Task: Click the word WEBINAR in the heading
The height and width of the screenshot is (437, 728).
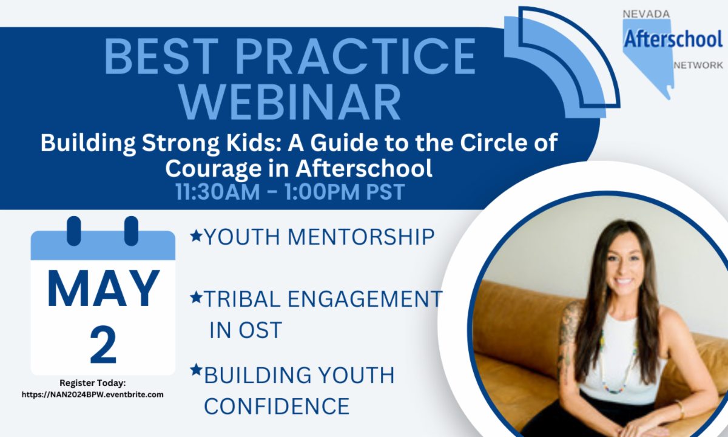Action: [290, 102]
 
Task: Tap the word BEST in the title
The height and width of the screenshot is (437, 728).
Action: [161, 56]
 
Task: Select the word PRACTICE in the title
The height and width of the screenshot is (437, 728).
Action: [356, 56]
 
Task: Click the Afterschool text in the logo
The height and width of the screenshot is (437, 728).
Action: [673, 39]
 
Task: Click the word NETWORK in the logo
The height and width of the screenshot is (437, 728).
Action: [698, 66]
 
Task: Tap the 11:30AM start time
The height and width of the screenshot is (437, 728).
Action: [218, 192]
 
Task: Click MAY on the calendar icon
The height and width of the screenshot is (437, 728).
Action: [103, 289]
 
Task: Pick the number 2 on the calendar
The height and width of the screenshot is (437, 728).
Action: [103, 345]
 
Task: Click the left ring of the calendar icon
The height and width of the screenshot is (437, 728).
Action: [74, 231]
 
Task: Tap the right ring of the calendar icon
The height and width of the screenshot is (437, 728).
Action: [131, 231]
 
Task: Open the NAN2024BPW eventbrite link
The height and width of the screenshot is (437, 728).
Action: [93, 395]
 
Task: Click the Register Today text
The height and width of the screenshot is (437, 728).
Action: [93, 383]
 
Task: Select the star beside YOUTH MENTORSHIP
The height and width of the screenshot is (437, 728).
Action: [196, 235]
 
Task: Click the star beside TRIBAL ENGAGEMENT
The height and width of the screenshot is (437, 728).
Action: [196, 297]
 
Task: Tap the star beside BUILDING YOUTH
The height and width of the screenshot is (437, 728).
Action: [196, 370]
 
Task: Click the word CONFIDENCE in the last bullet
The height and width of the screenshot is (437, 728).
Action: [277, 406]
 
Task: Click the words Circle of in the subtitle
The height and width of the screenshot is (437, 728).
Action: [509, 143]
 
